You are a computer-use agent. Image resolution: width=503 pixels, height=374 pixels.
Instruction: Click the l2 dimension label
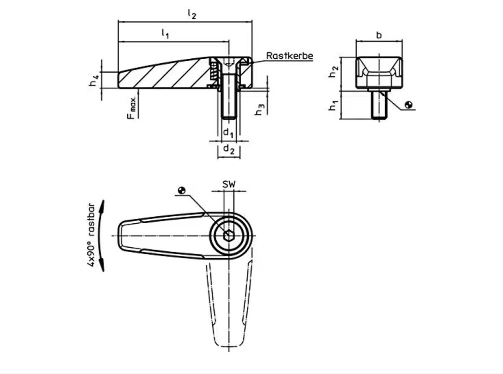coord(192,14)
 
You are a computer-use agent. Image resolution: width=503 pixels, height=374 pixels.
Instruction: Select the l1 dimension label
coord(165,34)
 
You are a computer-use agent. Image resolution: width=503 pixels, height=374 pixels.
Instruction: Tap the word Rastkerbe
coord(289,56)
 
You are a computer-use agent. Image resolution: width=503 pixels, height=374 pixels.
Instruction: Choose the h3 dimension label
coord(259,109)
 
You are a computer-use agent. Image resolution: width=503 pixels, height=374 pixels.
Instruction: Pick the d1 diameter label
coord(228,133)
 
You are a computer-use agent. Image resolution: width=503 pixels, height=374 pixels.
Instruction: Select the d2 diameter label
coord(228,150)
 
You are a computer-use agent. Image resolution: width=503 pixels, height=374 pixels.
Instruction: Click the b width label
coord(379,35)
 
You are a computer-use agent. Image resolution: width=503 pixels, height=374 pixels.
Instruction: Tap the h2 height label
coord(334,71)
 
